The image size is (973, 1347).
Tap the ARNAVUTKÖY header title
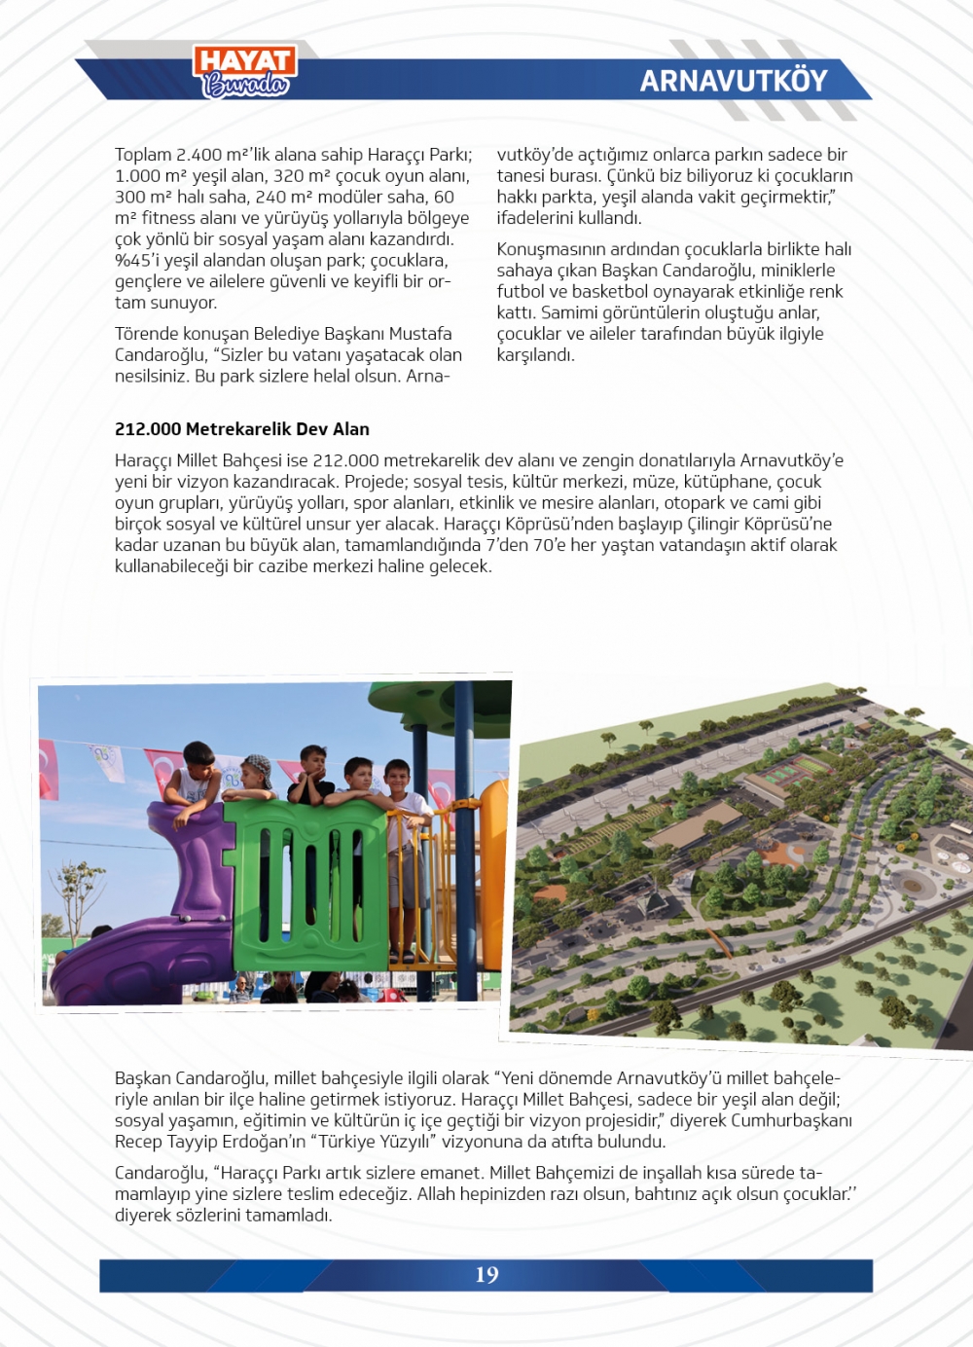(x=733, y=81)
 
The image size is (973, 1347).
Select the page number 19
(x=486, y=1275)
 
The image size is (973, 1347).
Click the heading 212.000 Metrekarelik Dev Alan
(x=242, y=429)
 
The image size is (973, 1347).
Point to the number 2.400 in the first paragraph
(x=198, y=155)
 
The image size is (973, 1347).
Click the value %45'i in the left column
(x=135, y=261)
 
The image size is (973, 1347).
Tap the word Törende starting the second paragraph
(x=147, y=334)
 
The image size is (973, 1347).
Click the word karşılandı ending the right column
(x=535, y=355)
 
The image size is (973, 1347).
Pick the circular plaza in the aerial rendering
(x=913, y=885)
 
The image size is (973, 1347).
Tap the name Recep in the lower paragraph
(x=139, y=1142)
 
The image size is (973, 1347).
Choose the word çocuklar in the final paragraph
(x=815, y=1194)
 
